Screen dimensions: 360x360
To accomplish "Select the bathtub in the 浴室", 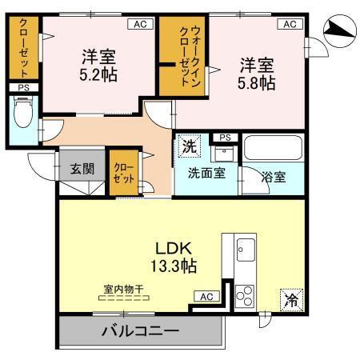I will coord(273,150).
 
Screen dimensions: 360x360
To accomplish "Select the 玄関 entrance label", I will coord(81,169).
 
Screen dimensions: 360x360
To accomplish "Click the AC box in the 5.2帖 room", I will coord(140,24).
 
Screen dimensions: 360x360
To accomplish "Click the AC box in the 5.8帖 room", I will coord(289,24).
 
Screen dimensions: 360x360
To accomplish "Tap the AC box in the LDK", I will coord(206,297).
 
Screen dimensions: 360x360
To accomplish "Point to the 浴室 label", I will coord(274,177).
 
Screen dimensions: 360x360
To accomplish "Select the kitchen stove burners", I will coord(244,293).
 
